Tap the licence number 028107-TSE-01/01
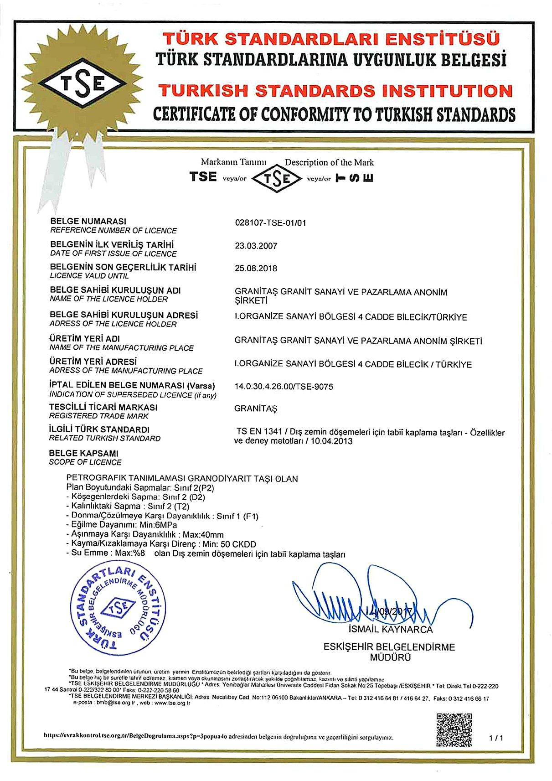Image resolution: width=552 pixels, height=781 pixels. click(270, 223)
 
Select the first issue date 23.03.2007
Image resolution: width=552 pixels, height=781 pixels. click(256, 246)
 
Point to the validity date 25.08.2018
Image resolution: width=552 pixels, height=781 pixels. click(256, 268)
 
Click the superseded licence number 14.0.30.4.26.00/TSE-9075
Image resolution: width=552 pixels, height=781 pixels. click(284, 387)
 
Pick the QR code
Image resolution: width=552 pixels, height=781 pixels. click(454, 729)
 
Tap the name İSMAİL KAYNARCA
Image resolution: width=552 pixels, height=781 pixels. click(390, 630)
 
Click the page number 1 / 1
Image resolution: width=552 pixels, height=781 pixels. click(496, 737)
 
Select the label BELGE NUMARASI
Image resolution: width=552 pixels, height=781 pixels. click(88, 221)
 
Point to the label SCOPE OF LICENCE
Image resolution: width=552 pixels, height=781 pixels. click(85, 462)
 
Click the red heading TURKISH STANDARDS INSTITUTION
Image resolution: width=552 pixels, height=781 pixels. click(337, 91)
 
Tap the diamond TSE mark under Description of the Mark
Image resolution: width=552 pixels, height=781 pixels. click(277, 178)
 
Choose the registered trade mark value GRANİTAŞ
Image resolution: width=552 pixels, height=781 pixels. click(256, 409)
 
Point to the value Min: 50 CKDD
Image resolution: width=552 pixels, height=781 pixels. click(229, 544)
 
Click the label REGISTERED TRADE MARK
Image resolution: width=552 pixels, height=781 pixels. click(99, 416)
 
